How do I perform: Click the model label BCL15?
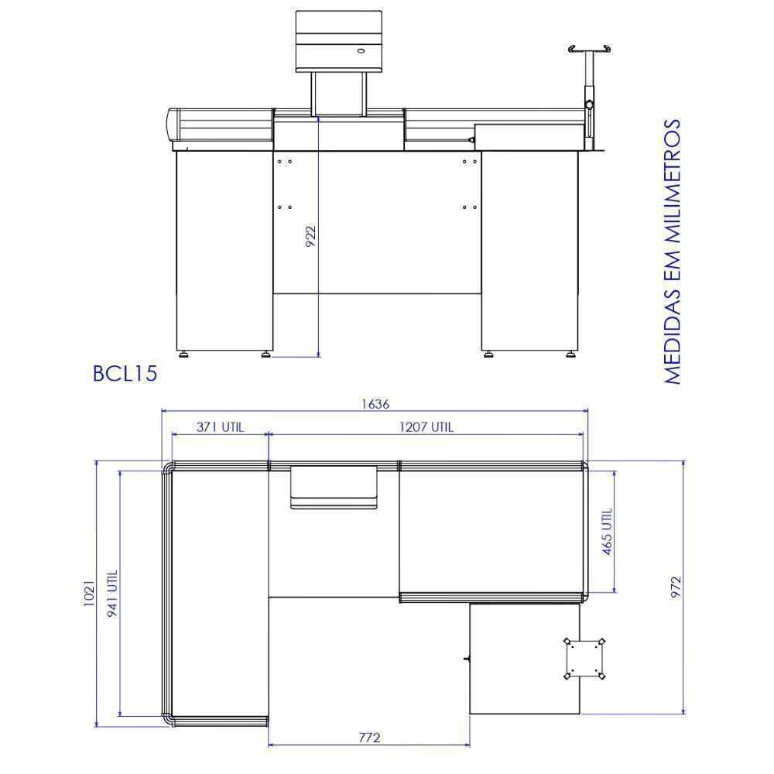(125, 373)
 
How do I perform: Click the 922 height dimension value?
(310, 236)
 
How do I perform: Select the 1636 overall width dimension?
(375, 404)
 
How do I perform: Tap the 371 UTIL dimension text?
(220, 427)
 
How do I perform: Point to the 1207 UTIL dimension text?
(426, 427)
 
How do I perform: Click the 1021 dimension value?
(89, 593)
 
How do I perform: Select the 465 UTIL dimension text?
(607, 531)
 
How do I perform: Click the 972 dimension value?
(676, 587)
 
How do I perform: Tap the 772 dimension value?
(369, 738)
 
